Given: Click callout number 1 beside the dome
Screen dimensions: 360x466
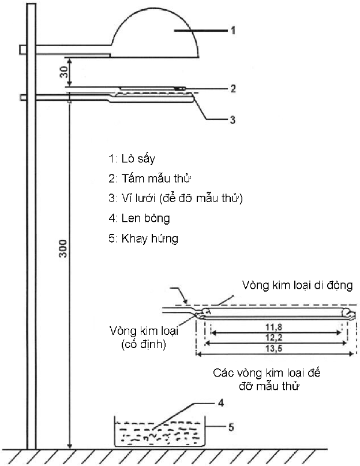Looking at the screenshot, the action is coord(233,30).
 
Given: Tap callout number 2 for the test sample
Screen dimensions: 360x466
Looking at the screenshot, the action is coord(233,88).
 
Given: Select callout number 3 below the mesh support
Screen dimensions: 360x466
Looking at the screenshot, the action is coord(232,120).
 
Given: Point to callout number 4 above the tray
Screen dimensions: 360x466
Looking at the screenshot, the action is coord(221,403).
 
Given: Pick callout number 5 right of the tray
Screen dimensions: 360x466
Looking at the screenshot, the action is coord(231,427).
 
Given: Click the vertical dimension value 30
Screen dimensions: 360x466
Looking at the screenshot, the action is coord(63,72).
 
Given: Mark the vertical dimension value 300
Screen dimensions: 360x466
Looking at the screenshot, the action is coord(63,249).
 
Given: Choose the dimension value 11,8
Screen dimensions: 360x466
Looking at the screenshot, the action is coord(273,327).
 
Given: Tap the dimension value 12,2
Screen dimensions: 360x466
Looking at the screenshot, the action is coord(273,338).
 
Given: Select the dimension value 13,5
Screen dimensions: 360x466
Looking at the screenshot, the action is coord(273,348).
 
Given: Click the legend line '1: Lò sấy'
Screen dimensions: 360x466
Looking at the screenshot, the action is coord(132,159).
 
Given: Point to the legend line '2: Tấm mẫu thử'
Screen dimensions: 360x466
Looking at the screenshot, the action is coord(149,178).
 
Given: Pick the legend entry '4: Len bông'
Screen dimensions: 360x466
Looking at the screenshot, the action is coord(139,218).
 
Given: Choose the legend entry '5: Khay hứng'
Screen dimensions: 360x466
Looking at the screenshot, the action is coord(143,238).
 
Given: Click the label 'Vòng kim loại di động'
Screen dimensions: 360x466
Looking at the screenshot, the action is coord(297,285).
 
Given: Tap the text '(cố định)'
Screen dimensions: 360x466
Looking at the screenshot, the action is coord(144,344).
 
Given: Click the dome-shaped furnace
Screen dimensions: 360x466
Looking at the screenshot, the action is coord(155,34).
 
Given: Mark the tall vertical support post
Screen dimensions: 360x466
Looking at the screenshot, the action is coord(31,226).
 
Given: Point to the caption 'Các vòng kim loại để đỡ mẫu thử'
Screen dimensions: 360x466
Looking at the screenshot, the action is coord(267,379).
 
